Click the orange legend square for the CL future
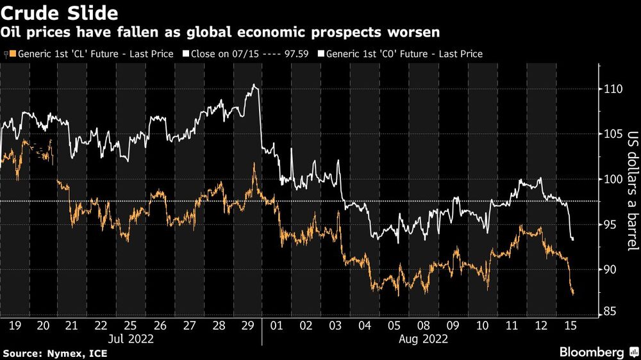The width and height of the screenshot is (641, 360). pos(12,54)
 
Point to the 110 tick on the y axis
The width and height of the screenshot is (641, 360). pos(614,89)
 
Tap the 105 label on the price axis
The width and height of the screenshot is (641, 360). pos(614,135)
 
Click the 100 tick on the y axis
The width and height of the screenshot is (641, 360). pos(614,179)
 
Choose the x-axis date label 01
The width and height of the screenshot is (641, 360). pos(277,325)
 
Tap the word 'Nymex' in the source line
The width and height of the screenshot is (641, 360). pos(60,353)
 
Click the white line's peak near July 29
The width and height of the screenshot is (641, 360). pos(255,85)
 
